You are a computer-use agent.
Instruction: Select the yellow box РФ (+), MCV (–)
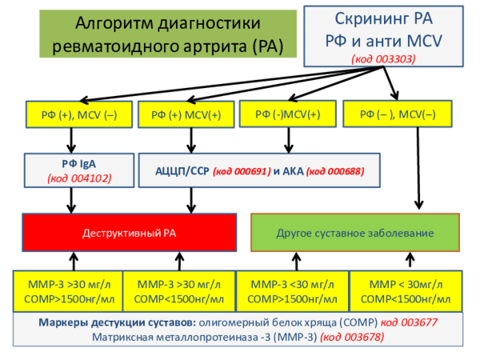point(72,115)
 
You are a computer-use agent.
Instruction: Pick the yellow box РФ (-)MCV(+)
point(287,114)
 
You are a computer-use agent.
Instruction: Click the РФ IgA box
point(73,169)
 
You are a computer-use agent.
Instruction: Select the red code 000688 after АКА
point(336,170)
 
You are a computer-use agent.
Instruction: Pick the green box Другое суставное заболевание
point(354,233)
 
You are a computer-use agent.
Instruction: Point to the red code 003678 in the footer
point(352,337)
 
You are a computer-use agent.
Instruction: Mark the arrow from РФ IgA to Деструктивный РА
point(73,202)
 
